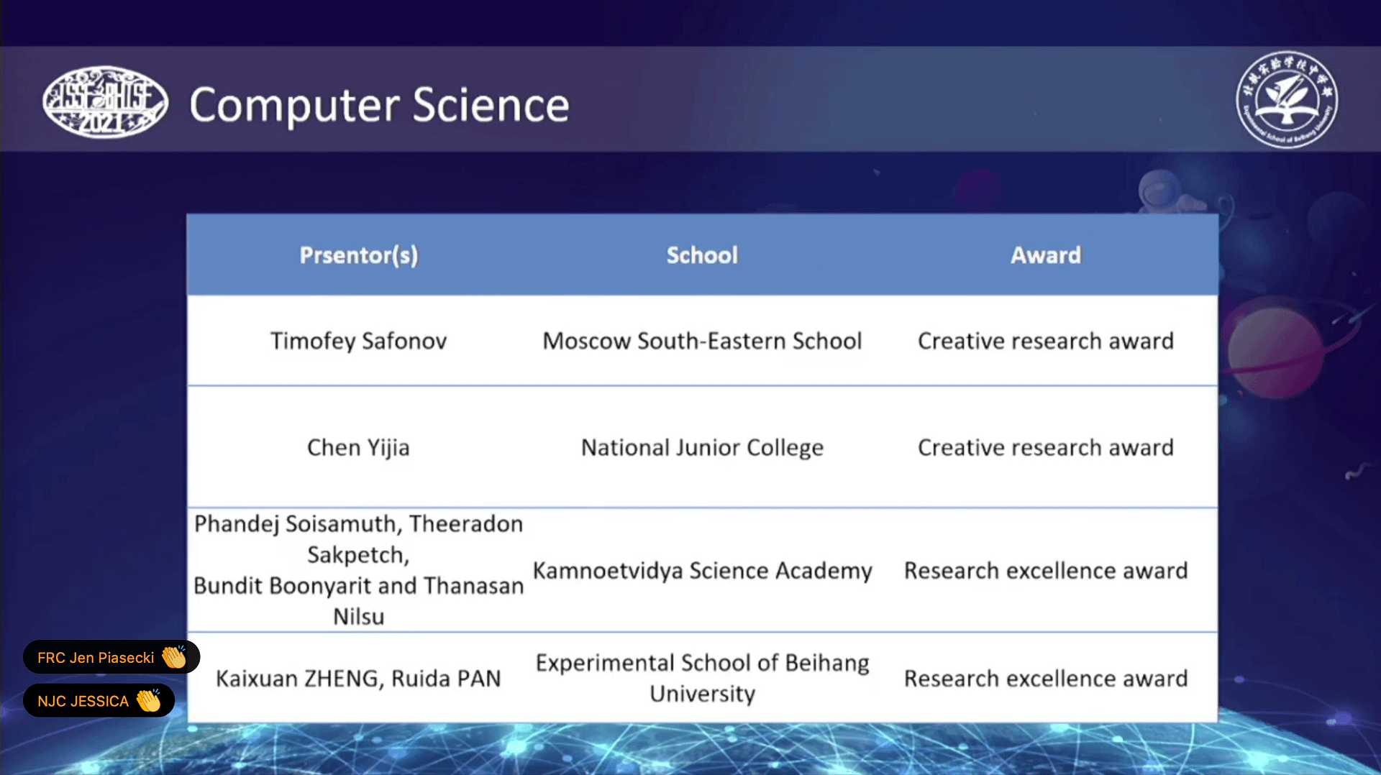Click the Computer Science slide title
379,106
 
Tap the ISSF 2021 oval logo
105,102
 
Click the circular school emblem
1287,99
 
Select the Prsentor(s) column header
359,255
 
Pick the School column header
702,255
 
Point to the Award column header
1046,255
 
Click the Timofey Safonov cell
358,341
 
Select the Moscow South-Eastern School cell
702,341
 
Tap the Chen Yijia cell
358,448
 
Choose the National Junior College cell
702,448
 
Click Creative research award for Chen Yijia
1046,448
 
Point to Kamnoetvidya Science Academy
702,571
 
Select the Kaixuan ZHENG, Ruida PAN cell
358,679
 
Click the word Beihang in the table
827,663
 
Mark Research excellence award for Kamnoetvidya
1046,571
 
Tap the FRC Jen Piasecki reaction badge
111,657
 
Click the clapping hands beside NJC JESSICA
149,700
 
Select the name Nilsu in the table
358,617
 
